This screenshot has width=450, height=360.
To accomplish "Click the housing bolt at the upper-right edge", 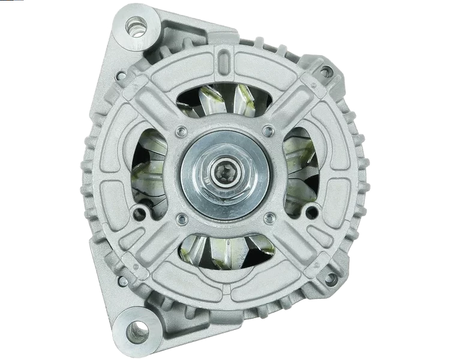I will point(325,73).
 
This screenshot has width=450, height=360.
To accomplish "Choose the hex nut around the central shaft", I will point(226,180).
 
